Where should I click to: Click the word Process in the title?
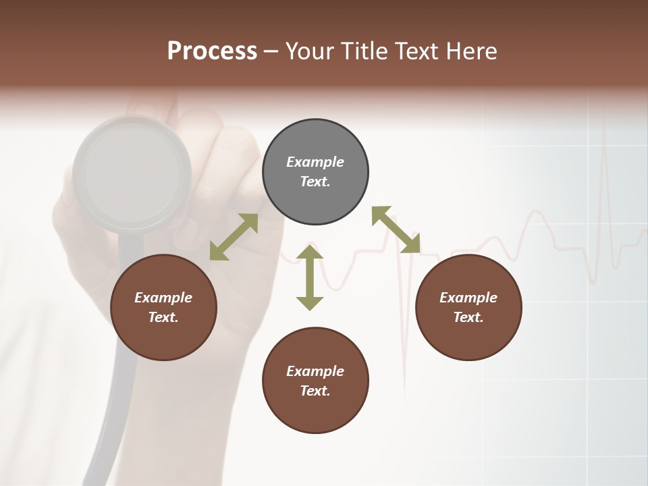[212, 51]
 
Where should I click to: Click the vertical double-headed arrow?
[310, 277]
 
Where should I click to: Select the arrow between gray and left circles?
[234, 237]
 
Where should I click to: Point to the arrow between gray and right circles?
[396, 230]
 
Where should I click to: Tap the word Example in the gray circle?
[315, 162]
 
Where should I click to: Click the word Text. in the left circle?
[163, 317]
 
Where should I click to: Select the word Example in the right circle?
[468, 298]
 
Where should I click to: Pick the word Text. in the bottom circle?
[315, 391]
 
